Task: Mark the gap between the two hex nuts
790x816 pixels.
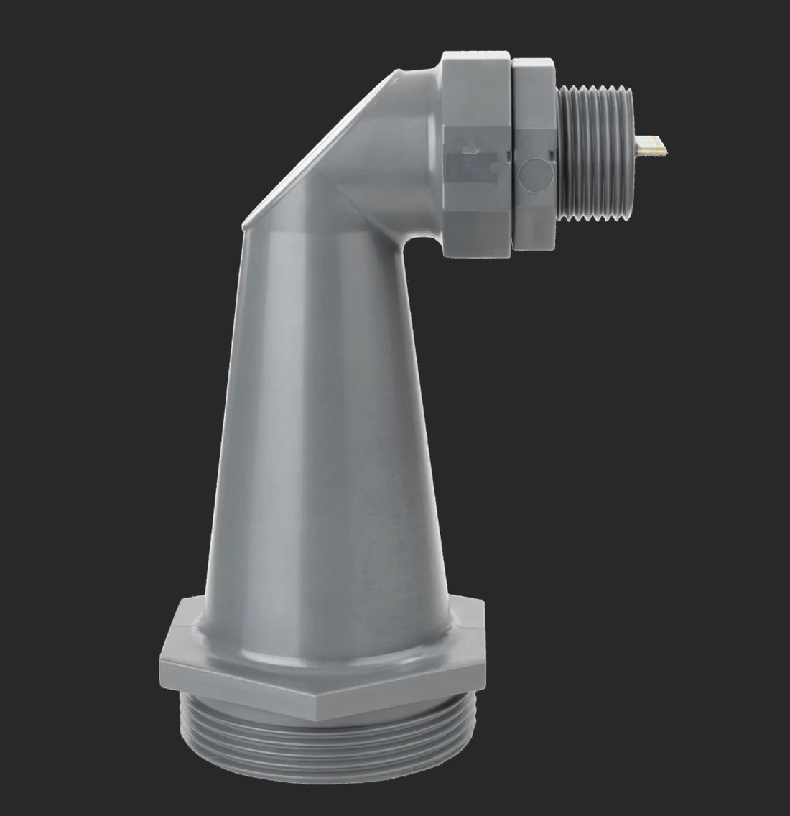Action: [513, 154]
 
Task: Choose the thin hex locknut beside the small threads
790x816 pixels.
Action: [535, 154]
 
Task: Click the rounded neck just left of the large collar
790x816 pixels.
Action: [424, 79]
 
